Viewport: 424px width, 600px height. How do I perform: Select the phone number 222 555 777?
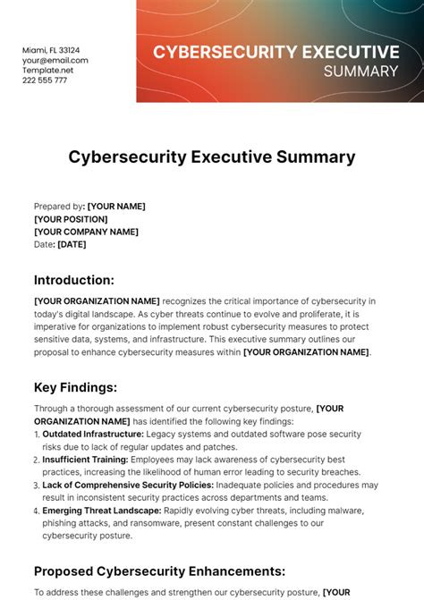click(46, 80)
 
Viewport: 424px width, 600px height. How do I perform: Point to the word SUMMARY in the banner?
click(361, 70)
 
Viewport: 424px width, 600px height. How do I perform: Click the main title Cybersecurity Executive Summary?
click(212, 157)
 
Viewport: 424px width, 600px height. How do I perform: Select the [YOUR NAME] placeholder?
click(116, 207)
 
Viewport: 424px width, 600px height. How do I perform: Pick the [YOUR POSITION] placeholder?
click(71, 219)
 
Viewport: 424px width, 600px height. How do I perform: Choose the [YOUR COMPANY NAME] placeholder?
click(86, 232)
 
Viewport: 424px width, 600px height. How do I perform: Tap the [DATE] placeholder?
click(72, 244)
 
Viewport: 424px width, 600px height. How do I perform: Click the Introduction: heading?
click(74, 280)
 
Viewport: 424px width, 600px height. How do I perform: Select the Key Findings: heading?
click(76, 387)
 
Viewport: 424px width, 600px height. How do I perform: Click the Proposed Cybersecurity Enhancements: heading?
click(160, 570)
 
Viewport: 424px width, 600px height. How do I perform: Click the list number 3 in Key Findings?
click(37, 485)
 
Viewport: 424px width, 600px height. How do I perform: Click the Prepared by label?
click(58, 207)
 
